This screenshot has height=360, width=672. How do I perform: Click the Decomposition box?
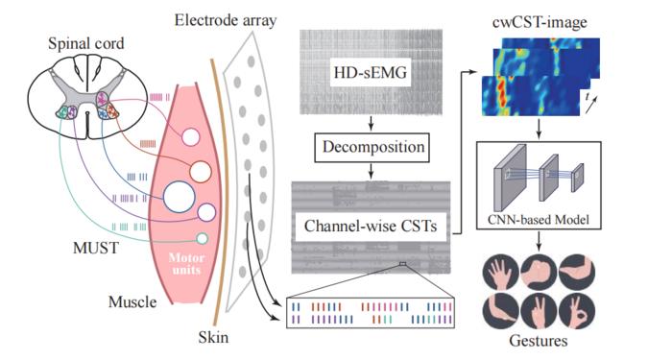(x=373, y=148)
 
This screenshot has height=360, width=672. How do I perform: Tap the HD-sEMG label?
(x=371, y=72)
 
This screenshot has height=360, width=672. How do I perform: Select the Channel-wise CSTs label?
(x=371, y=226)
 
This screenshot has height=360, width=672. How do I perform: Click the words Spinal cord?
(x=86, y=43)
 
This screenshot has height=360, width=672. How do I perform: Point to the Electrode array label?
(x=225, y=20)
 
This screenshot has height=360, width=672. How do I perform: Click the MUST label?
(x=96, y=248)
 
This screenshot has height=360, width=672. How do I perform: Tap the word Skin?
(x=213, y=337)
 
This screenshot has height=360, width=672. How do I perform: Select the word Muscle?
(x=132, y=301)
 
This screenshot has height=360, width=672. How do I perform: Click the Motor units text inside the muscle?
(x=186, y=264)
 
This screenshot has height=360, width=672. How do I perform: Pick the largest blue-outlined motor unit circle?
(x=180, y=197)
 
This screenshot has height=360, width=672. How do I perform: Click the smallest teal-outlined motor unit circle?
(x=202, y=239)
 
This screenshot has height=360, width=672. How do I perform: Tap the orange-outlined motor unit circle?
(x=200, y=172)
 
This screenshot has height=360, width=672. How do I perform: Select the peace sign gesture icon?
(x=540, y=312)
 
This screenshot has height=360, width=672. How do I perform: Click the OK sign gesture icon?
(x=577, y=312)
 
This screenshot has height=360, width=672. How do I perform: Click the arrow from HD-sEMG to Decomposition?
(x=372, y=124)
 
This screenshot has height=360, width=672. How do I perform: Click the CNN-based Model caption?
(x=539, y=220)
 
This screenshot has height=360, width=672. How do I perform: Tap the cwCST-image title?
(x=540, y=22)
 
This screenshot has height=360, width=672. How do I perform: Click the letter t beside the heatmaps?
(x=587, y=97)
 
